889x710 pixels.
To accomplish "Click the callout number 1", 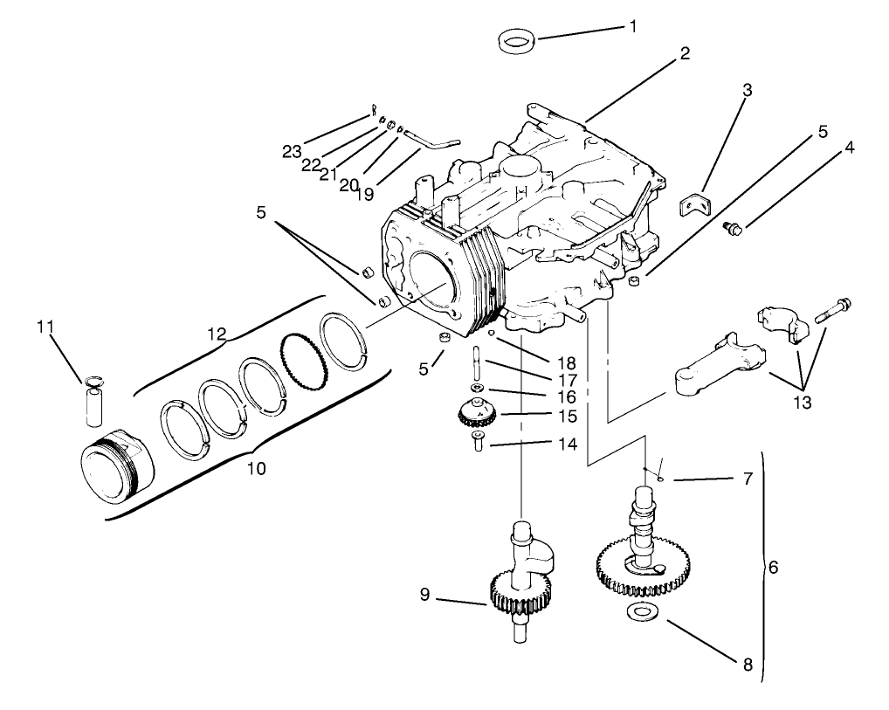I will pyautogui.click(x=633, y=27).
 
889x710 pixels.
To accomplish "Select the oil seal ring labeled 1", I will pyautogui.click(x=516, y=39).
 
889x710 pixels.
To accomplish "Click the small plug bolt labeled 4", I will pyautogui.click(x=734, y=229).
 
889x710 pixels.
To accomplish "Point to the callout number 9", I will pyautogui.click(x=424, y=596).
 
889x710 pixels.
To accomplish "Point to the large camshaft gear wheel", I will pyautogui.click(x=642, y=567).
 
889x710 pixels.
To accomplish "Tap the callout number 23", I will pyautogui.click(x=292, y=151).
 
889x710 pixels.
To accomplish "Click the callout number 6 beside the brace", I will pyautogui.click(x=772, y=567).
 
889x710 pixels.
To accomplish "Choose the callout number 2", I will pyautogui.click(x=685, y=53).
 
